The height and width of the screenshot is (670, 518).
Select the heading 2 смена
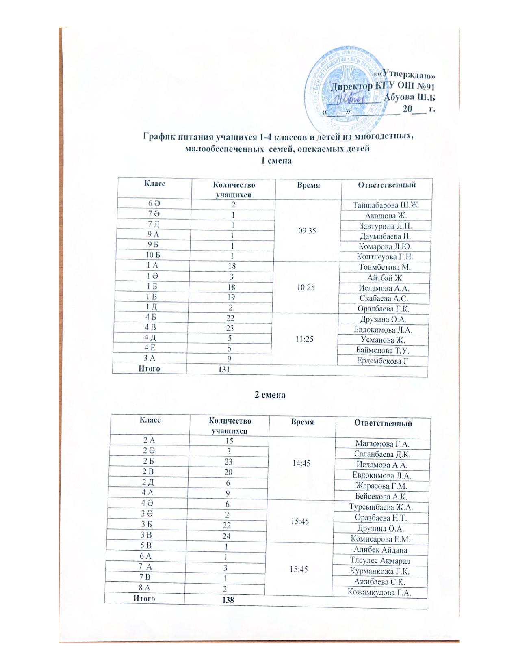pos(270,395)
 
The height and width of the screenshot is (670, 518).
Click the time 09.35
pos(307,231)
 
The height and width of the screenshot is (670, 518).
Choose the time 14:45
pos(301,463)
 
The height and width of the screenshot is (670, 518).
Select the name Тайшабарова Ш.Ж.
pos(386,205)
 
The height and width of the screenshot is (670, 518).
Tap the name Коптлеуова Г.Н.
pos(385,257)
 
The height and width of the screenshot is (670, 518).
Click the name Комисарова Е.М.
pos(380,539)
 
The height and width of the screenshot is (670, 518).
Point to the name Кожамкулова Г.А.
pos(379,592)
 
